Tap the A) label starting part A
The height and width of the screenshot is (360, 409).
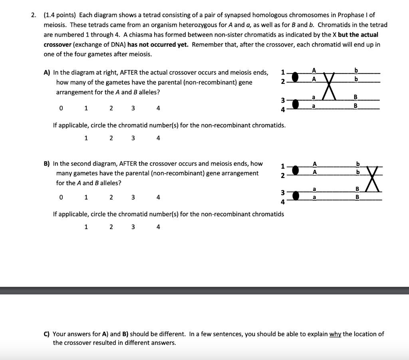tap(47, 73)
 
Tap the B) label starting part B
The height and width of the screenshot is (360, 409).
tap(47, 164)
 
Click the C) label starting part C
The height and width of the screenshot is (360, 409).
tap(47, 334)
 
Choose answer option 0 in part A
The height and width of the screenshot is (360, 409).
tap(61, 108)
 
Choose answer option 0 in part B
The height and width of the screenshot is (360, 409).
tap(61, 197)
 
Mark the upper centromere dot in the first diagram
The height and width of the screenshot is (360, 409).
tap(296, 76)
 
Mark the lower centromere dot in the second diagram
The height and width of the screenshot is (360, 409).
tap(296, 195)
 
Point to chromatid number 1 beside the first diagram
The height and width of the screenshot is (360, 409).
tap(283, 73)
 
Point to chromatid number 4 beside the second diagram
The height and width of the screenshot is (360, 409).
tap(283, 202)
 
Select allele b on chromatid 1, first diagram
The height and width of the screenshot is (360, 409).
tap(356, 71)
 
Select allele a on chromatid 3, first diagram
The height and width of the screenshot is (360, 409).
tap(314, 97)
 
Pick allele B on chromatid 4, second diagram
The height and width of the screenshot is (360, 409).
tap(358, 197)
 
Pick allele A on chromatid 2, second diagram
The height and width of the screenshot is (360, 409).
tap(315, 172)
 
